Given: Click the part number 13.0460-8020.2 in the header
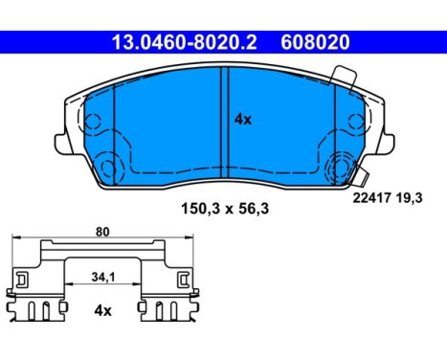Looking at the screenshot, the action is coord(184,42).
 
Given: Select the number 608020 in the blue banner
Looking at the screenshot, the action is coord(315,42).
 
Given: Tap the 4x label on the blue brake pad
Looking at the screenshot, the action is coord(243,120).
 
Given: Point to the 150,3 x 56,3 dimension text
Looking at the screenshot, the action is coord(225,209).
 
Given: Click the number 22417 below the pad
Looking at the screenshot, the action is coord(371,198).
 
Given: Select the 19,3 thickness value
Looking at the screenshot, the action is coord(410,198).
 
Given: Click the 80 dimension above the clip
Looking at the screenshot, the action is coord(102,232).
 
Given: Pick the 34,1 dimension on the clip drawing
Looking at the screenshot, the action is coord(103,277).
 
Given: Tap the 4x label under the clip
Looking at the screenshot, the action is coord(102,310).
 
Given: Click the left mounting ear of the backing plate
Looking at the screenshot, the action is coord(60,144).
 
